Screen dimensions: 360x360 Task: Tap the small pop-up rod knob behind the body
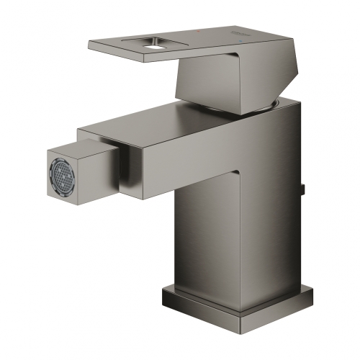tap(304, 190)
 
